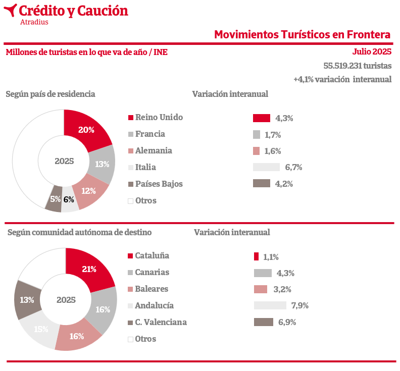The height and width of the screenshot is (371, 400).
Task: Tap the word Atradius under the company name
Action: click(34, 22)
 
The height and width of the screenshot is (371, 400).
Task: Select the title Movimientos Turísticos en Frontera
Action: click(302, 34)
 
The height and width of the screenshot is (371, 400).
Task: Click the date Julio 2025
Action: click(372, 51)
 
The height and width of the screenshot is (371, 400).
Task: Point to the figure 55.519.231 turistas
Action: click(357, 66)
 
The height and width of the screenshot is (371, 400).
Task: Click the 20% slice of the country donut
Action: click(86, 130)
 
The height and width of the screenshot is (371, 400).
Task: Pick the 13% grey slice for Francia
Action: click(102, 164)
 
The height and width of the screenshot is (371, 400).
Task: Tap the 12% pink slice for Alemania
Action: click(89, 191)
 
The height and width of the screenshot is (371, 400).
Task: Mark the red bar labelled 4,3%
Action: click(261, 118)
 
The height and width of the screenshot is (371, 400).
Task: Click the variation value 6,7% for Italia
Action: click(293, 168)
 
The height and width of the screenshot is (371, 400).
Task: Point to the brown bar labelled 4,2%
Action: click(261, 184)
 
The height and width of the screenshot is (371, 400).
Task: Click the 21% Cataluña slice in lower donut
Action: click(89, 269)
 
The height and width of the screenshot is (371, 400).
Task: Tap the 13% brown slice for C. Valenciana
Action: click(27, 300)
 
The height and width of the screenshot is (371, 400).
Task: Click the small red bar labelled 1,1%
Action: click(256, 256)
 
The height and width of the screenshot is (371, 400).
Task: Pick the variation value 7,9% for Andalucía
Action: click(300, 305)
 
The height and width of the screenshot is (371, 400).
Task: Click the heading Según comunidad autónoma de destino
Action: click(79, 232)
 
